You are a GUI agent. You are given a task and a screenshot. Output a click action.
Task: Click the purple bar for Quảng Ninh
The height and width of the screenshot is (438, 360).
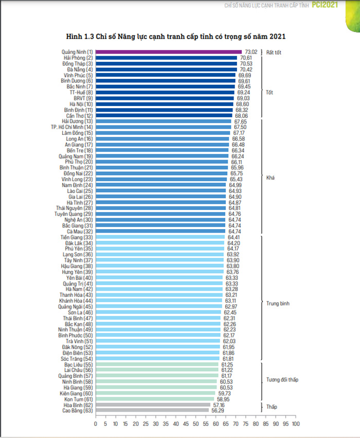(x=169, y=52)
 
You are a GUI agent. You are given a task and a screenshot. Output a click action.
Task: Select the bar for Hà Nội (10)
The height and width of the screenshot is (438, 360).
(x=165, y=104)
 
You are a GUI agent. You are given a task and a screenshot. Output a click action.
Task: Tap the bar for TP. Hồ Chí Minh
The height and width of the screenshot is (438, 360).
(x=163, y=127)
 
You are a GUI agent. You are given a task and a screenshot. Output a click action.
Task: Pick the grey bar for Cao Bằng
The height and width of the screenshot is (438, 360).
(x=152, y=410)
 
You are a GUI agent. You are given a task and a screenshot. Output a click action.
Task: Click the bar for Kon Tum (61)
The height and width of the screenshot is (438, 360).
(x=155, y=399)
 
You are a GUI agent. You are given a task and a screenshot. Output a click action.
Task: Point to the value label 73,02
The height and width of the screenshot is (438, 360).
(x=251, y=52)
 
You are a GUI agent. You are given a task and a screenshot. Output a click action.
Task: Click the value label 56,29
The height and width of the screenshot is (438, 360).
(x=218, y=411)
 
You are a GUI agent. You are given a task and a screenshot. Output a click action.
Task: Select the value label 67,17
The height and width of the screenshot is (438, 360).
(x=239, y=133)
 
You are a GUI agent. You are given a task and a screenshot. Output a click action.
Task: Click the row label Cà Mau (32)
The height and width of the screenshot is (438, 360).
(x=80, y=232)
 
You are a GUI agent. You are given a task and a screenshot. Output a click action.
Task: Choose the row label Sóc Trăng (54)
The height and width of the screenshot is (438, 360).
(x=77, y=359)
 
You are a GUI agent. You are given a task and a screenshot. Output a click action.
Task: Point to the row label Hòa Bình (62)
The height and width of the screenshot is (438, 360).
(x=78, y=405)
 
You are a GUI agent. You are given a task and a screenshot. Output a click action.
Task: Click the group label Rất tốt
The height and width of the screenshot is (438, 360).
(x=274, y=52)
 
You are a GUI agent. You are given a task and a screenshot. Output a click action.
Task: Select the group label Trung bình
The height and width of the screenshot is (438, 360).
(x=278, y=304)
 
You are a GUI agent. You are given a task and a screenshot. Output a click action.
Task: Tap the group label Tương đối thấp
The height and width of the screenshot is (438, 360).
(x=282, y=380)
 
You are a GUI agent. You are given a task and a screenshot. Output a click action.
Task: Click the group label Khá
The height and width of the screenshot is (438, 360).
(x=271, y=178)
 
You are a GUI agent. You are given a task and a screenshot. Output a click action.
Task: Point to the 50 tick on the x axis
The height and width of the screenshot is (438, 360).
(x=195, y=424)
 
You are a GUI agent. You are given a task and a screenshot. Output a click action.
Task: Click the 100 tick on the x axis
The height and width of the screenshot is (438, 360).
(x=296, y=424)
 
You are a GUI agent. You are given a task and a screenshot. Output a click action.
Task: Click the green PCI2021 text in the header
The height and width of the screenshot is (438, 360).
(x=325, y=5)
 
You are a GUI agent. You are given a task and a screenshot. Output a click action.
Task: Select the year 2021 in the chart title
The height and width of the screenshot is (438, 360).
(x=277, y=37)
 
